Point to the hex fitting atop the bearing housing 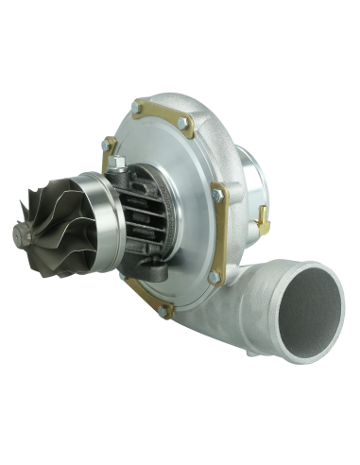tap(119, 163)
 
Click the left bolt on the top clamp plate tap(138, 109)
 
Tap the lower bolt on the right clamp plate tap(215, 277)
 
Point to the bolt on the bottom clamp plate tap(164, 310)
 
